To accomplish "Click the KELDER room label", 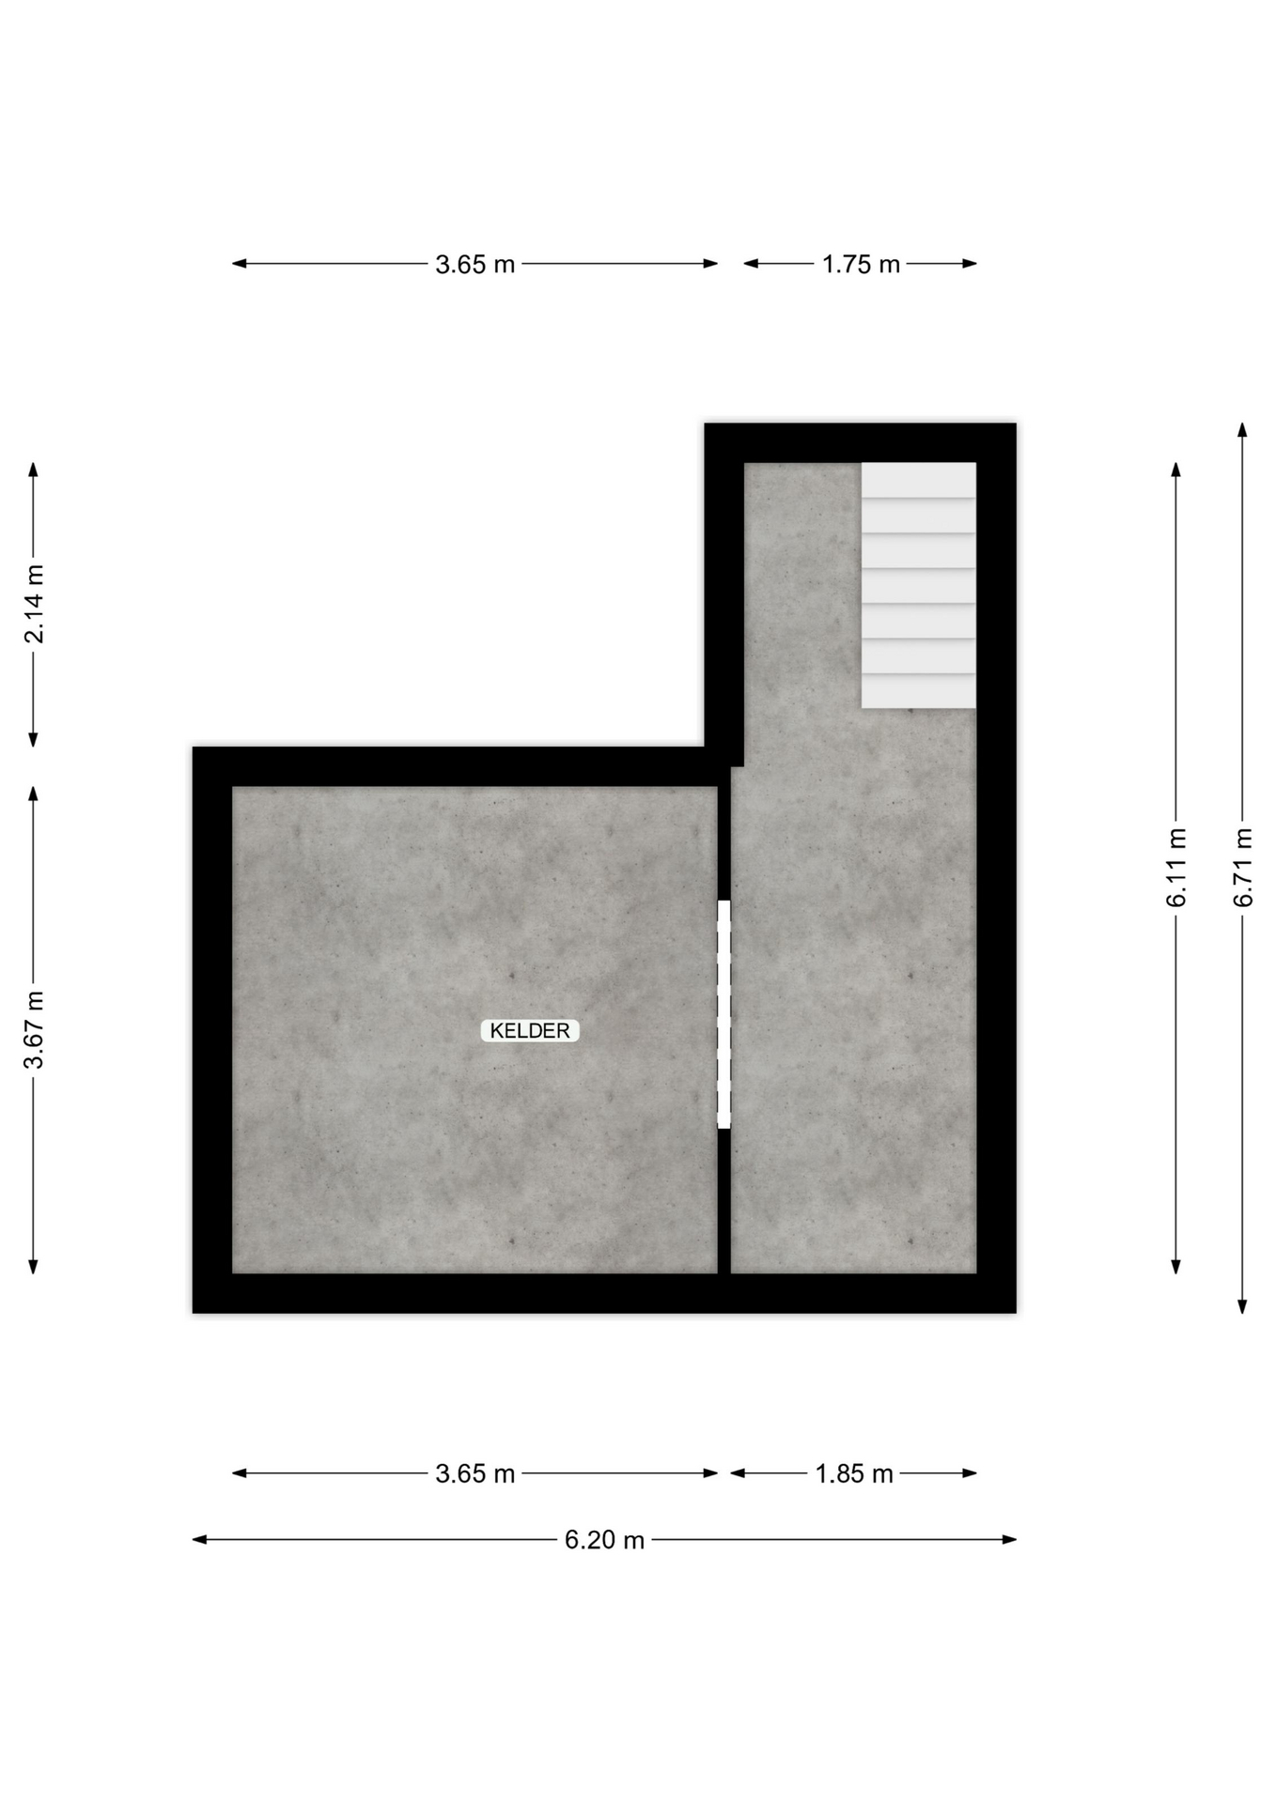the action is click(x=530, y=1030).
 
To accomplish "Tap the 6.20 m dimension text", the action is click(x=604, y=1540).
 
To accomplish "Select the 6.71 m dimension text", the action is click(x=1242, y=868).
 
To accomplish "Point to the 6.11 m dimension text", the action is click(x=1176, y=868).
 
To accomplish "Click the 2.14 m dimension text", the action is click(x=34, y=605).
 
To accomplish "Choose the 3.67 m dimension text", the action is click(x=34, y=1030).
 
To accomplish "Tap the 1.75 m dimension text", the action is click(x=861, y=264).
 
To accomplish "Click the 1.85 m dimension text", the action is click(x=853, y=1473).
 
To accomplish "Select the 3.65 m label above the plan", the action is click(x=475, y=264).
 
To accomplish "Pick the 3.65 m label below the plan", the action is click(x=475, y=1473).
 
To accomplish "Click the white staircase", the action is click(x=918, y=585).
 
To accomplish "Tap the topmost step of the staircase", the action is click(x=918, y=479).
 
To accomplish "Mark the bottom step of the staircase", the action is click(x=918, y=691).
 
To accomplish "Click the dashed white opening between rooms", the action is click(x=724, y=1014).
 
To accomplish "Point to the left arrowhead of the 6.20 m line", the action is click(x=199, y=1540).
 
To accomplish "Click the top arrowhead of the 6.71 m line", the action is click(x=1242, y=430).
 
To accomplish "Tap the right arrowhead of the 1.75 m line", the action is click(x=970, y=264).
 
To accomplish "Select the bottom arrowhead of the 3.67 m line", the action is click(x=34, y=1267).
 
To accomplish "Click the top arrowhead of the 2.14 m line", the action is click(x=34, y=470).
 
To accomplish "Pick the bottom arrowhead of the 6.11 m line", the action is click(x=1176, y=1267).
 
